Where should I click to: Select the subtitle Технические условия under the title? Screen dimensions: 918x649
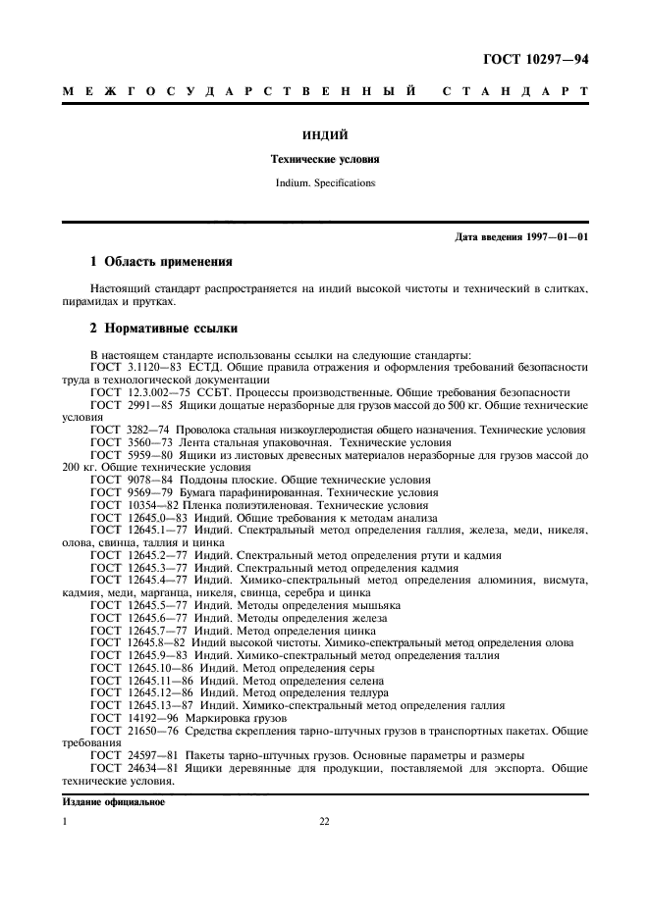(x=324, y=158)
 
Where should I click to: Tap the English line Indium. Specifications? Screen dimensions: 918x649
(x=324, y=181)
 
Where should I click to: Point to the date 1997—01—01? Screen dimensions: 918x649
(x=559, y=238)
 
